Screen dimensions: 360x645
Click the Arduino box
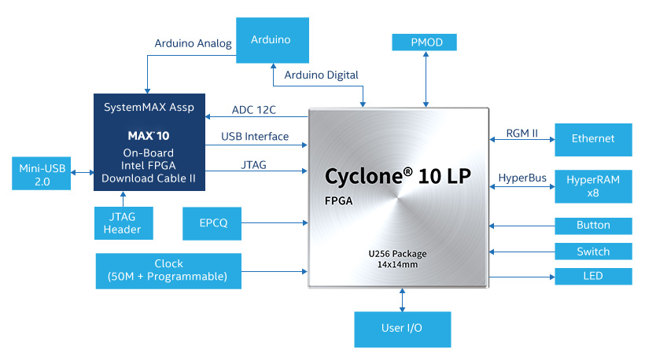point(271,39)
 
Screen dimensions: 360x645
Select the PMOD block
point(425,42)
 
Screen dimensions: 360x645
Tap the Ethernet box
point(593,139)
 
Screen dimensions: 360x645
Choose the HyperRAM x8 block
point(593,186)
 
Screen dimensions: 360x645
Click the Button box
point(593,226)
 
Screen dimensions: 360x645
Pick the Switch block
point(593,252)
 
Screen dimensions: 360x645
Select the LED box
point(593,276)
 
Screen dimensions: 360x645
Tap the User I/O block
point(403,329)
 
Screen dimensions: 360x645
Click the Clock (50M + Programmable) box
point(168,270)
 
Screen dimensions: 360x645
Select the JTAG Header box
point(123,222)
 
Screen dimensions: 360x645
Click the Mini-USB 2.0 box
point(42,173)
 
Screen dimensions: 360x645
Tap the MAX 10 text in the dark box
point(149,135)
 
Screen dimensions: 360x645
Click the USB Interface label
point(255,136)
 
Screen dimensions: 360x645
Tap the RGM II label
point(522,133)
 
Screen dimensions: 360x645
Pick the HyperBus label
point(522,178)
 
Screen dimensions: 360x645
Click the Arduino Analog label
point(193,44)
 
